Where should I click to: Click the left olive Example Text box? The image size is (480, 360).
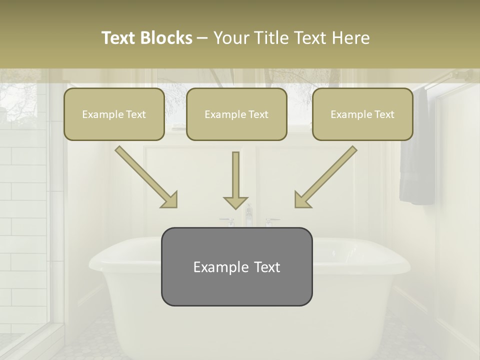coord(114,114)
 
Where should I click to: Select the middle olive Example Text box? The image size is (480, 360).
coord(236,114)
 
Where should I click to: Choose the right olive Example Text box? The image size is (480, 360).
coord(362,114)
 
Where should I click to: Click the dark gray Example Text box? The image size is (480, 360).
coord(236,266)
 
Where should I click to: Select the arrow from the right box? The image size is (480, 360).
coord(325,177)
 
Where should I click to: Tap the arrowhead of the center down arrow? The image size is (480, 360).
coord(236,203)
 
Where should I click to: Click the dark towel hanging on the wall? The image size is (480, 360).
coord(416,150)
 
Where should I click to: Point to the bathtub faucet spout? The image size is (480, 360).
coord(248,212)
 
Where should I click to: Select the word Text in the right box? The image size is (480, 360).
coord(384,114)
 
